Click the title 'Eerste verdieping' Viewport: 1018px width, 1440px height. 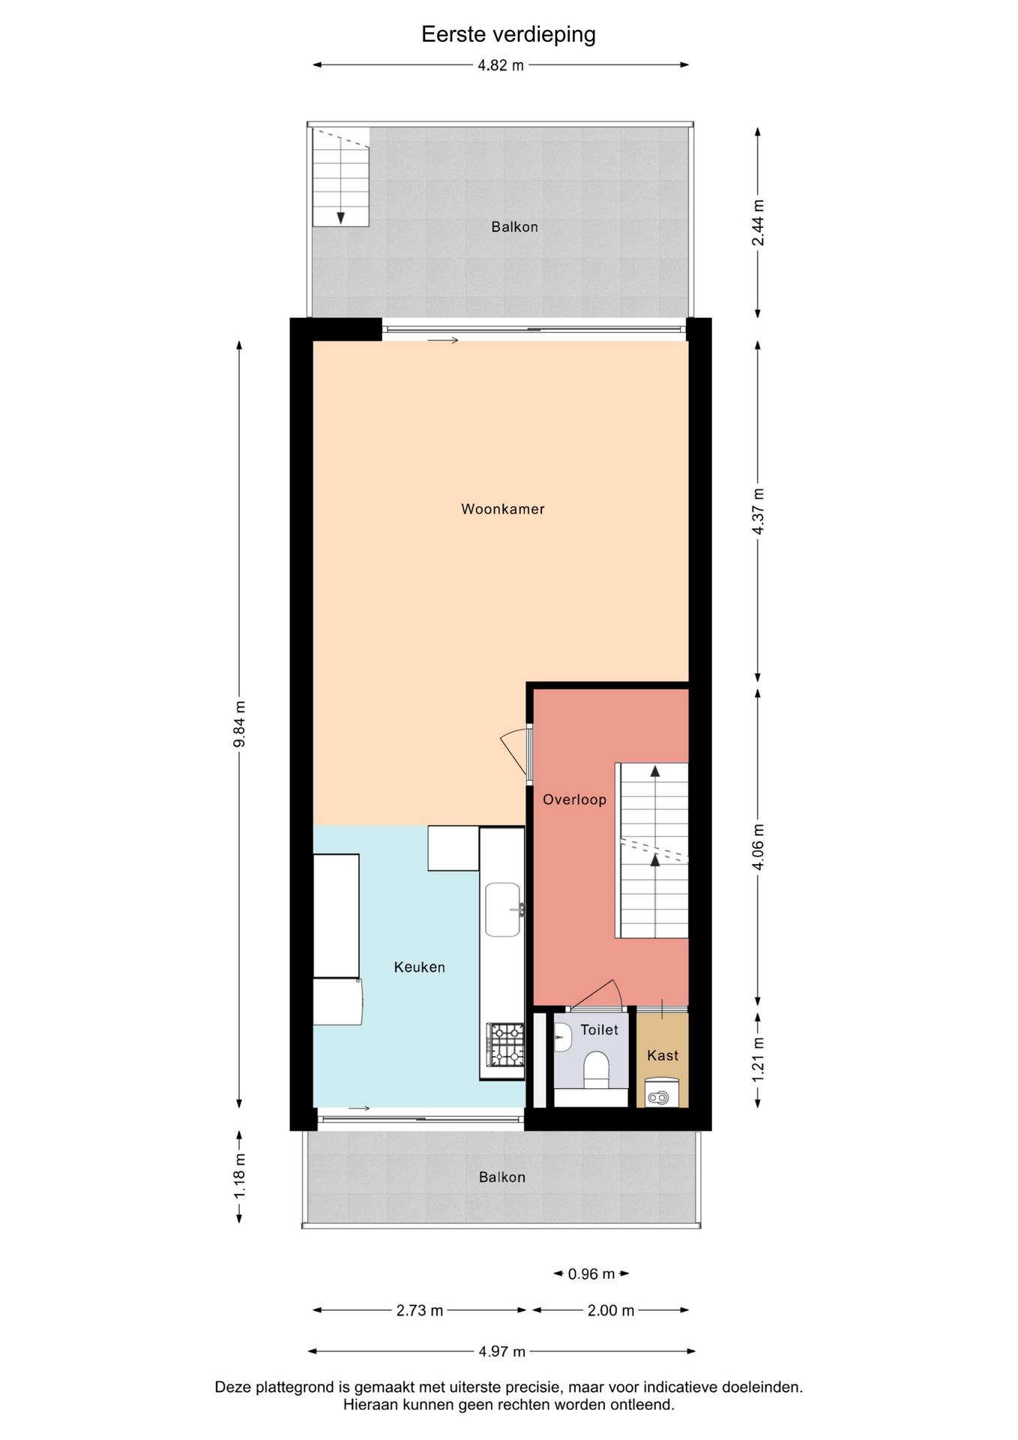click(x=508, y=34)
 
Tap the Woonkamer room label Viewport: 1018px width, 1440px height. click(x=503, y=509)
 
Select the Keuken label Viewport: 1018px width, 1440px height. click(x=420, y=967)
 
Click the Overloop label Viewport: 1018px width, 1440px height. click(x=575, y=799)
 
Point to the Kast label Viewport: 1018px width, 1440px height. click(x=663, y=1055)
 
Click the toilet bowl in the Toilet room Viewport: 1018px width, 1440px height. click(x=597, y=1069)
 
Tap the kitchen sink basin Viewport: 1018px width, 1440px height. click(x=503, y=909)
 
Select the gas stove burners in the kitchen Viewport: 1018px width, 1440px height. click(x=506, y=1045)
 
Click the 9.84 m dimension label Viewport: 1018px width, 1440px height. click(x=240, y=724)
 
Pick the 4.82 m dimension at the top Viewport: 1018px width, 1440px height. click(x=501, y=65)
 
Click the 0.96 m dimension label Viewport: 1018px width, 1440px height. click(x=591, y=1273)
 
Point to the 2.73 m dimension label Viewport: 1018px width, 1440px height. click(x=420, y=1310)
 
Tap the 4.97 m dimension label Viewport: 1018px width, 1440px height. click(x=502, y=1351)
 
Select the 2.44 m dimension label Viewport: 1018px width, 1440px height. click(x=759, y=223)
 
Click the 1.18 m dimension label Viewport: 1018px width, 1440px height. click(x=240, y=1184)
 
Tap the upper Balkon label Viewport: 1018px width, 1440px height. click(x=515, y=227)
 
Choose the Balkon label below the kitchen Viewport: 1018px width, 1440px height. click(x=502, y=1177)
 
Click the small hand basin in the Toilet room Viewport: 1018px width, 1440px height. click(x=562, y=1038)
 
